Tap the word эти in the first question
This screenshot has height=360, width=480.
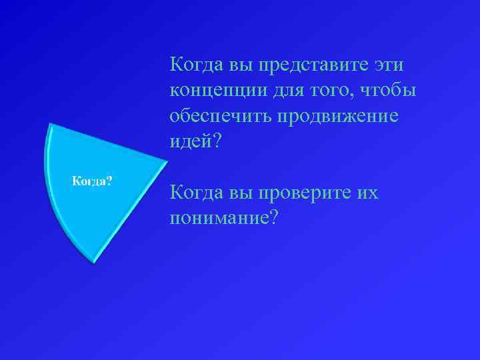(393, 65)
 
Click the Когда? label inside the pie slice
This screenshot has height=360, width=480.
(92, 181)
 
